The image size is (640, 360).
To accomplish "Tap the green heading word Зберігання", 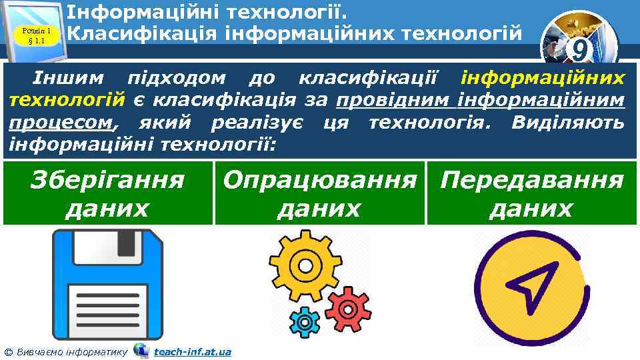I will click(x=107, y=180).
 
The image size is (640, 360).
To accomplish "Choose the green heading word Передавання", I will click(x=532, y=180).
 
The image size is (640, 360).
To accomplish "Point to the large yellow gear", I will click(x=303, y=265).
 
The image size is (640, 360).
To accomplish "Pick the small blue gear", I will click(x=306, y=323).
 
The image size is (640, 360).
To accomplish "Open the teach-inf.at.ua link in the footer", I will click(x=193, y=351).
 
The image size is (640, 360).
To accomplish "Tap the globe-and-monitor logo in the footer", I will click(x=141, y=350).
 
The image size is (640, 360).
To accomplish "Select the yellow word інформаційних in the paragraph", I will click(x=543, y=79).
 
